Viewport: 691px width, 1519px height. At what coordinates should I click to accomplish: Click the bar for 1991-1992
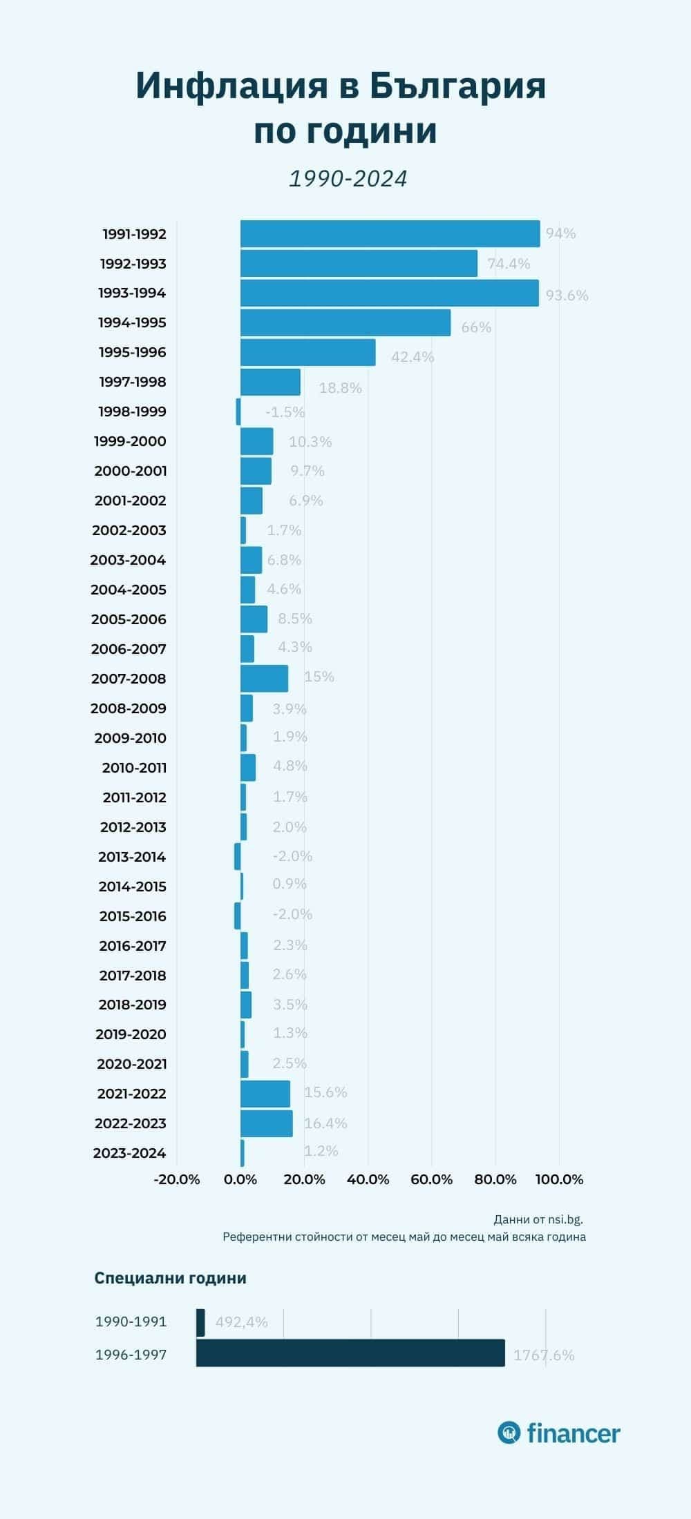pos(390,234)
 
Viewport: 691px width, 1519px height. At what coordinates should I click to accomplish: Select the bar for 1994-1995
pos(345,323)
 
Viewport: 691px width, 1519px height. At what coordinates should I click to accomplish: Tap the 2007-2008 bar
pos(264,679)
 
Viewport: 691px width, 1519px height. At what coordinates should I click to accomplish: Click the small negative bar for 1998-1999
pos(238,412)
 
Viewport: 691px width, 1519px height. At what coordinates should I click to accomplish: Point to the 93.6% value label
pos(567,296)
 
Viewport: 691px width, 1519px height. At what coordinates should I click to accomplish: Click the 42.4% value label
pos(413,357)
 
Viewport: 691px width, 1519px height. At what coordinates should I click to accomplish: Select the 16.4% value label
pos(325,1123)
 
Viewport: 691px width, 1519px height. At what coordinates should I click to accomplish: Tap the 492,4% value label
pos(241,1322)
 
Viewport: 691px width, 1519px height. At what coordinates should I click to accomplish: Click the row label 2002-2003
pos(129,530)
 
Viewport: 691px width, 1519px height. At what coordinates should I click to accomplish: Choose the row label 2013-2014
pos(132,857)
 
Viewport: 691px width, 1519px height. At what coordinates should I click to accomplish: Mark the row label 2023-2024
pos(130,1153)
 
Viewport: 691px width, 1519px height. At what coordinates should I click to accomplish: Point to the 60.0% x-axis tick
pos(432,1179)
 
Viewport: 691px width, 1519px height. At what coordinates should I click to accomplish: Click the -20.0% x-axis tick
pos(177,1179)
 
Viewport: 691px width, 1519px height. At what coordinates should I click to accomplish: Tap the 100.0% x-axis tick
pos(560,1179)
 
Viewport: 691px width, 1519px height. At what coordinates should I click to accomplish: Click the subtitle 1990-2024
pos(348,179)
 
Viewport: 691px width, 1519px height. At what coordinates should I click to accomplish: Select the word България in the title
pos(457,86)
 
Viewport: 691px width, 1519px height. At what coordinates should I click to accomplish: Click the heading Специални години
pos(170,1278)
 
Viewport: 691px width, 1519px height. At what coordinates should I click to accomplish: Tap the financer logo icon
pos(509,1433)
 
